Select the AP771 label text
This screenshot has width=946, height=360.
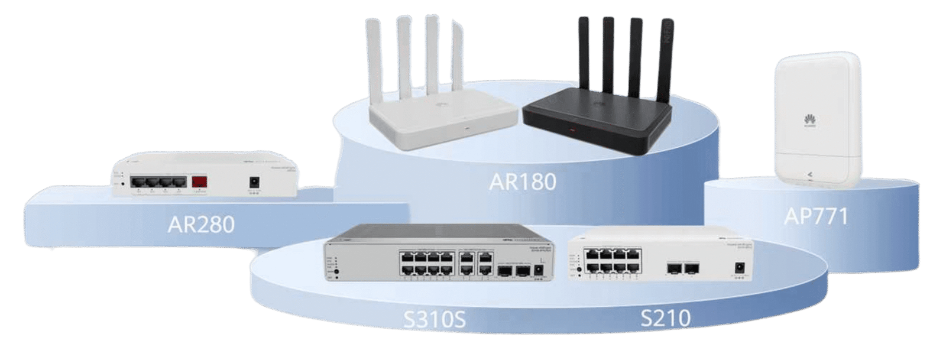click(x=815, y=217)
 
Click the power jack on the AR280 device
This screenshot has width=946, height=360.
click(x=255, y=182)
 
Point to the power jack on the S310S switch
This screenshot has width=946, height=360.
click(x=539, y=271)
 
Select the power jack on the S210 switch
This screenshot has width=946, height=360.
click(x=738, y=269)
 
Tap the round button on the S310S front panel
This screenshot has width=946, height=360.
click(x=336, y=272)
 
